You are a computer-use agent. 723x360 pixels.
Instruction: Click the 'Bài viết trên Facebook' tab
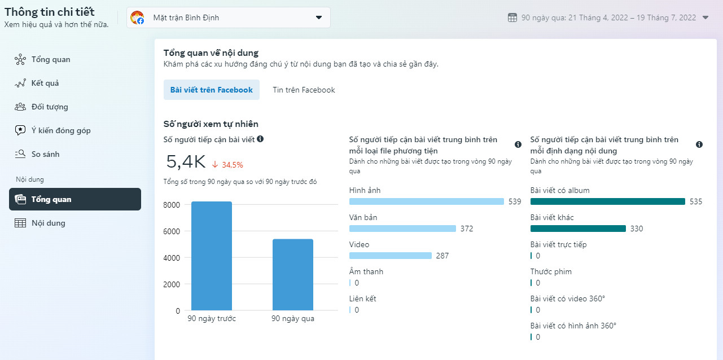(x=212, y=90)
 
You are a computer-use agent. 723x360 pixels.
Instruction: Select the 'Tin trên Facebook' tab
(x=304, y=90)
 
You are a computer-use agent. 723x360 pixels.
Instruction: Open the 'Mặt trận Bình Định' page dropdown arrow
(x=318, y=17)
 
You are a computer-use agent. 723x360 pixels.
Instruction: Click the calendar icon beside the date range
(x=512, y=17)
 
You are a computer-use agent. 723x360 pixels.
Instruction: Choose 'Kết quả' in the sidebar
(x=45, y=83)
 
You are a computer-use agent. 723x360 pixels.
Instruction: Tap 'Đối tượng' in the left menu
(x=50, y=107)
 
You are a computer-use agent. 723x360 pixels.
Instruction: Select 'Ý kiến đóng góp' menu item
(x=61, y=130)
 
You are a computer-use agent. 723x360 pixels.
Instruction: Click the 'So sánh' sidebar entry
(x=46, y=154)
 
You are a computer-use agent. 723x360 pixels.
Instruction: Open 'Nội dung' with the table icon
(x=49, y=223)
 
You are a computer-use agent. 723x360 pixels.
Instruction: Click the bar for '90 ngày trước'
(x=212, y=256)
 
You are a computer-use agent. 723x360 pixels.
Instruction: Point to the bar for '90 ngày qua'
(x=293, y=275)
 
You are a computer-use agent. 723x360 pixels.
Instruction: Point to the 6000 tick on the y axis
(x=172, y=231)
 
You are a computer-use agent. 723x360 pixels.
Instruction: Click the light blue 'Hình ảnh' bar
(x=426, y=201)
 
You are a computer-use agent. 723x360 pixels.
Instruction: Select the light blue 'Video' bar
(x=390, y=256)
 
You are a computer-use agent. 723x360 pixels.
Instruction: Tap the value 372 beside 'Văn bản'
(x=467, y=229)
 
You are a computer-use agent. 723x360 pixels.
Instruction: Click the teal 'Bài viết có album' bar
(x=607, y=201)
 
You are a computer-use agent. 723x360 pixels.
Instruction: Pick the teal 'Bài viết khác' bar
(x=578, y=229)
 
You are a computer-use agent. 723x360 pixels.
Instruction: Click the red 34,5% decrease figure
(x=233, y=165)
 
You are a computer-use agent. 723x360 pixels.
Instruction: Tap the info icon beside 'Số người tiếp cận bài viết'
(x=260, y=139)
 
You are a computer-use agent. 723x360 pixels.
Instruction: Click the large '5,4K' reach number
(x=186, y=161)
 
